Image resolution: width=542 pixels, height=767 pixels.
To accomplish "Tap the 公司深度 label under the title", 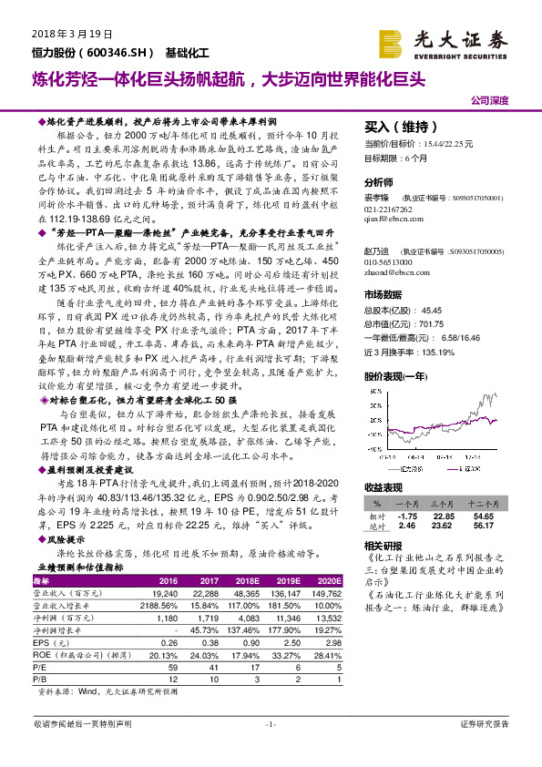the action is (x=490, y=101).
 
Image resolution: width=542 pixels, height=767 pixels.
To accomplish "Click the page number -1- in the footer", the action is (x=270, y=749).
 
